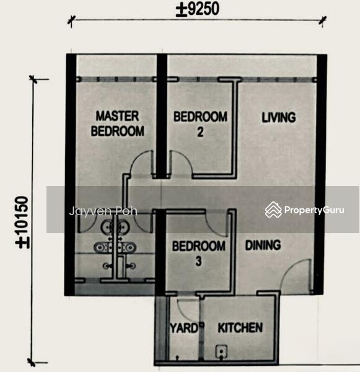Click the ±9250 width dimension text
198,10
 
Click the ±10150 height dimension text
22,223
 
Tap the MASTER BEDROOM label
117,123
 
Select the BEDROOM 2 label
200,124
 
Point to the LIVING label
279,117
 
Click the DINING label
263,246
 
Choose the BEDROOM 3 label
199,253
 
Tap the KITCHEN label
240,327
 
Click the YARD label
184,329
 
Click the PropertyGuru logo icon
273,210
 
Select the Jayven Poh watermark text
103,211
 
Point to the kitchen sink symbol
221,352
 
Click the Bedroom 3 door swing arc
216,229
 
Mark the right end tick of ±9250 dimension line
323,20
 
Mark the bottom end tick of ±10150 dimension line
32,362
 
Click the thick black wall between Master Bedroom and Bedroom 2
162,117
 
